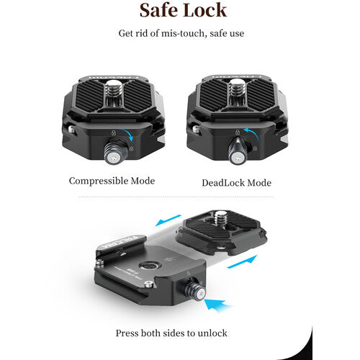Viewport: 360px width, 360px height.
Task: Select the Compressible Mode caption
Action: [112, 181]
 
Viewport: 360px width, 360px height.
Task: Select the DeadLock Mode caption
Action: [236, 183]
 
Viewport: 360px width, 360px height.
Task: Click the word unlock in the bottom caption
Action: [212, 333]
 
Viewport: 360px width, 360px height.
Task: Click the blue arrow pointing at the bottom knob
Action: [217, 305]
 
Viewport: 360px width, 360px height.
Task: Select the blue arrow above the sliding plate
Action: [168, 220]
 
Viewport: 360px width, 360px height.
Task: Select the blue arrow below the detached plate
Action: [242, 262]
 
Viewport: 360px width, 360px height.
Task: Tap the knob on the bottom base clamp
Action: [195, 289]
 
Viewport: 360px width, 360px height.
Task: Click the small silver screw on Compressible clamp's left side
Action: [72, 129]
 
